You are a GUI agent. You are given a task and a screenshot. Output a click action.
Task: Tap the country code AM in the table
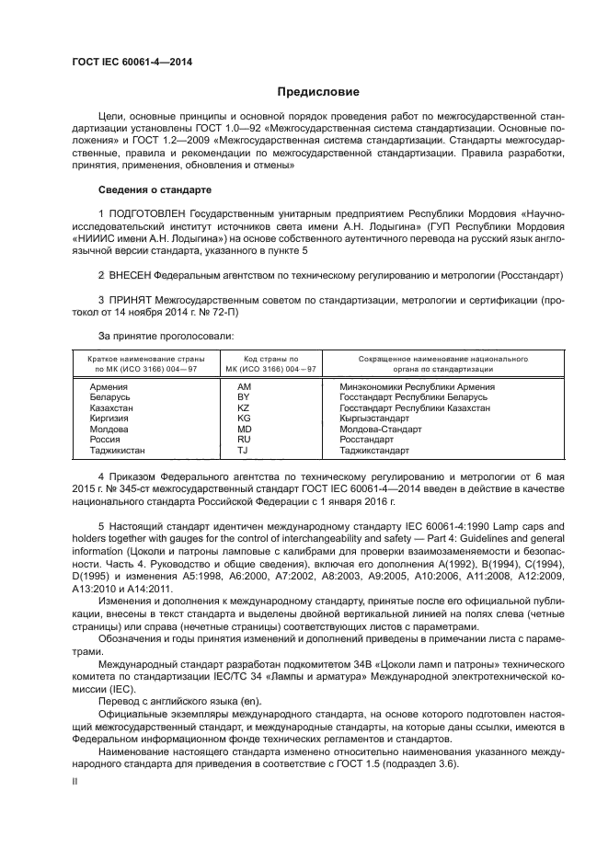(244, 387)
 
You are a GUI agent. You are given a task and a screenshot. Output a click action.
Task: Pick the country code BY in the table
(244, 397)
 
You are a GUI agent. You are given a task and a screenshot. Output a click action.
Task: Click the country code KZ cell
(244, 407)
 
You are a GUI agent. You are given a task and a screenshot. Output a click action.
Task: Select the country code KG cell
(244, 419)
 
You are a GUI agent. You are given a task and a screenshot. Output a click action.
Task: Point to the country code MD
(244, 430)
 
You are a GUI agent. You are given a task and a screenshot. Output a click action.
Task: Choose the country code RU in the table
(244, 441)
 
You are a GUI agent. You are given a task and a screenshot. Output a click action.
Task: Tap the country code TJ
(243, 451)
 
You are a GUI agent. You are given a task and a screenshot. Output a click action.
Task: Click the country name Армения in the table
(108, 387)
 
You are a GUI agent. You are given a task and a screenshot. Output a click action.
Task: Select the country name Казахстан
(111, 407)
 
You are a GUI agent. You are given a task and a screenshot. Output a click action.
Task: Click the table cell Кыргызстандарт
(374, 419)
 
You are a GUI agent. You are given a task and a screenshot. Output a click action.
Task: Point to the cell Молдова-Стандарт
(380, 430)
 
